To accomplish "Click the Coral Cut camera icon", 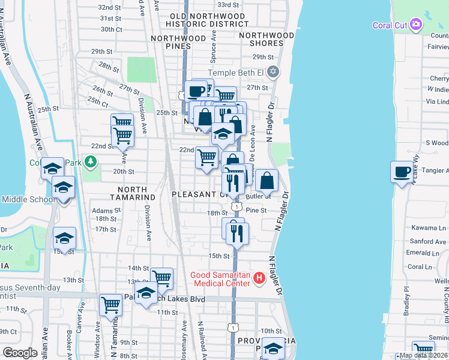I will pyautogui.click(x=417, y=25).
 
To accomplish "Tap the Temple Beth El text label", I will pyautogui.click(x=237, y=73).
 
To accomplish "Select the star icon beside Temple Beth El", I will pyautogui.click(x=274, y=73).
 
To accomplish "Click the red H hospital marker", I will pyautogui.click(x=259, y=278).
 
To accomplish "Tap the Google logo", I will pyautogui.click(x=20, y=353).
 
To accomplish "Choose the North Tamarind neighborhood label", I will pyautogui.click(x=133, y=196).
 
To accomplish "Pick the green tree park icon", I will pyautogui.click(x=91, y=161).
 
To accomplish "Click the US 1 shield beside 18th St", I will pyautogui.click(x=237, y=206).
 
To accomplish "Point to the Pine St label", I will pyautogui.click(x=256, y=211).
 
